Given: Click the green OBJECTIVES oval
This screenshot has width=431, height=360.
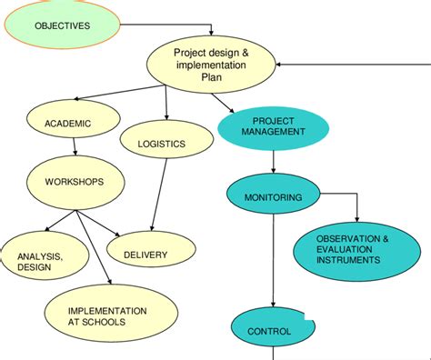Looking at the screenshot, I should coord(62,25).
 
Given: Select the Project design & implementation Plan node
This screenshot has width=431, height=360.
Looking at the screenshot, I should coord(211,65).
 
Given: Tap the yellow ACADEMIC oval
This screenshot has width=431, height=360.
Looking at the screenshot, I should coord(68,123).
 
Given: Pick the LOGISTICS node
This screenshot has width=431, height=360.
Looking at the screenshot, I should coord(161,144).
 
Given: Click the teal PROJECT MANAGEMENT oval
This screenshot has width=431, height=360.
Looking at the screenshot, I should coord(274,126).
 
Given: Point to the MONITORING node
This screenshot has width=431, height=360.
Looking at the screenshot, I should coord(274,197).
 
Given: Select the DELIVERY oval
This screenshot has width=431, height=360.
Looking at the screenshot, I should coord(145,255).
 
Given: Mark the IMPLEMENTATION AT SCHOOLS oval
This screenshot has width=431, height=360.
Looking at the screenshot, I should coord(106,315).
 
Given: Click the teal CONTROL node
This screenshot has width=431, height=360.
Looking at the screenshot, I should coord(270,331).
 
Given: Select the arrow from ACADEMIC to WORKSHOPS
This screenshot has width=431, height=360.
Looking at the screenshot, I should coord(75,148).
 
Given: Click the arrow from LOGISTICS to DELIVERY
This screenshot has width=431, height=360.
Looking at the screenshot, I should coord(155,198).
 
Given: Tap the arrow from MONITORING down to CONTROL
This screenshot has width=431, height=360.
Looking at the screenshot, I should coord(274,264).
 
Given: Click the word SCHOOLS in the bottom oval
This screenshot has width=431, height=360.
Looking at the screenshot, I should coord(125,322).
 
